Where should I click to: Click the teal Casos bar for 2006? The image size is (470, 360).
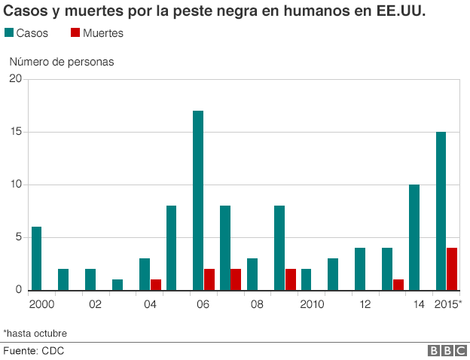click(198, 200)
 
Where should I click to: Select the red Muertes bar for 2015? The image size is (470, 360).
click(452, 269)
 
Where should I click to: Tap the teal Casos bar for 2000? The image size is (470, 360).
click(36, 258)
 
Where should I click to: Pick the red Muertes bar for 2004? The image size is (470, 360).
click(156, 285)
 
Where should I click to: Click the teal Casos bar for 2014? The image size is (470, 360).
click(414, 237)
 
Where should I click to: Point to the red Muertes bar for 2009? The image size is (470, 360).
click(291, 279)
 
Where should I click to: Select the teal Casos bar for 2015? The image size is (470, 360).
click(441, 211)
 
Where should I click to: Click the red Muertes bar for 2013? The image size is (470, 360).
click(398, 285)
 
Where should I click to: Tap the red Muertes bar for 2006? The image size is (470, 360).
click(209, 279)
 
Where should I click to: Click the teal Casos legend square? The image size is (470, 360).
click(9, 32)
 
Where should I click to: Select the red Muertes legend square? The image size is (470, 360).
click(75, 32)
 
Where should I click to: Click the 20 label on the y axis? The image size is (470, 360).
click(16, 78)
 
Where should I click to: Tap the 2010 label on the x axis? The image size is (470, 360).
click(312, 304)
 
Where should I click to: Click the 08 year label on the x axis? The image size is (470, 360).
click(257, 304)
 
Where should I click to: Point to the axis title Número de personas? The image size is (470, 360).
click(62, 62)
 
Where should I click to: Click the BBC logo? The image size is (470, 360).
click(447, 350)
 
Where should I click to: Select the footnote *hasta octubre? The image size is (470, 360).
click(35, 334)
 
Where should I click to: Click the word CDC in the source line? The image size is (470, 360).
click(53, 351)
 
